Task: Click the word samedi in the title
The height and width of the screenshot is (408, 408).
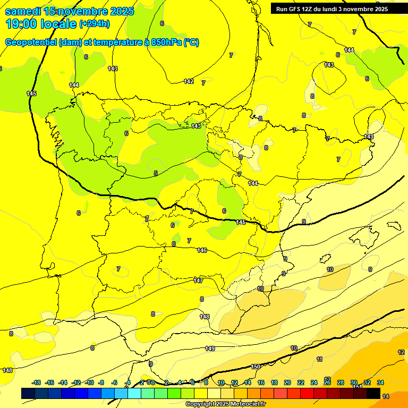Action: pos(23,11)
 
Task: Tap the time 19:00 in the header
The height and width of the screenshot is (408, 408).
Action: pos(22,23)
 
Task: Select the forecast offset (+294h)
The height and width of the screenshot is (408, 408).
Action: pos(94,23)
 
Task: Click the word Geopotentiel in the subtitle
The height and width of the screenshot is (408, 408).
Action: pos(31,42)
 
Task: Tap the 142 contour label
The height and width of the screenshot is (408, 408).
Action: pos(189,81)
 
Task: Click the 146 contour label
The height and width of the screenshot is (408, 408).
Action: pos(202,250)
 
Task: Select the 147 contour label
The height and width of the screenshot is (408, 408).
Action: pos(198,280)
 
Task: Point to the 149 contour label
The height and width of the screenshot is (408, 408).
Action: pos(210,348)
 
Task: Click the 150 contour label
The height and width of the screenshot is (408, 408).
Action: pos(256,367)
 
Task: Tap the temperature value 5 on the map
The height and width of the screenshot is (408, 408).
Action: pos(156,173)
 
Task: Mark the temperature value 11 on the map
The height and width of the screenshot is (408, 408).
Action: pos(319,360)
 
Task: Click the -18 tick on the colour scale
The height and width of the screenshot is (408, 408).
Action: pos(36,382)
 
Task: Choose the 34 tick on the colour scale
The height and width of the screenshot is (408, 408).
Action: pos(380,382)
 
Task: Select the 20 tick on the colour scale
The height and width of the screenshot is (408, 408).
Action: pos(287,382)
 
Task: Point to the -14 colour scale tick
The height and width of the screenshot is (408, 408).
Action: pos(63,382)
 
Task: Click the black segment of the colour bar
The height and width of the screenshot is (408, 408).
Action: pos(373,393)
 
